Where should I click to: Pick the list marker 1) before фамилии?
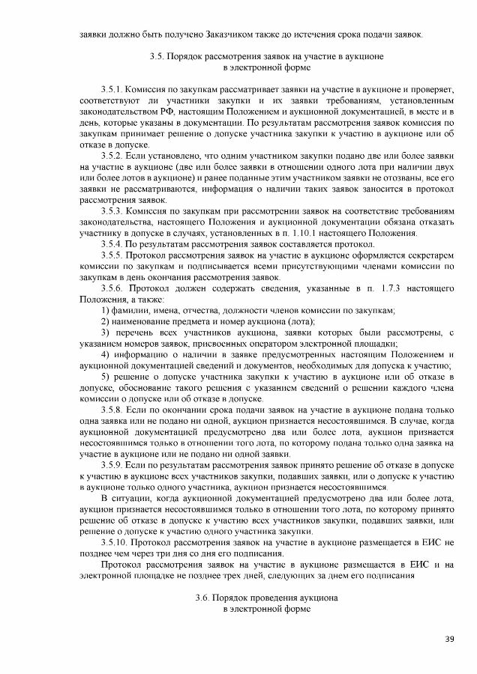pyautogui.click(x=105, y=310)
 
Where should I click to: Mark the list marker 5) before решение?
pyautogui.click(x=105, y=377)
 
